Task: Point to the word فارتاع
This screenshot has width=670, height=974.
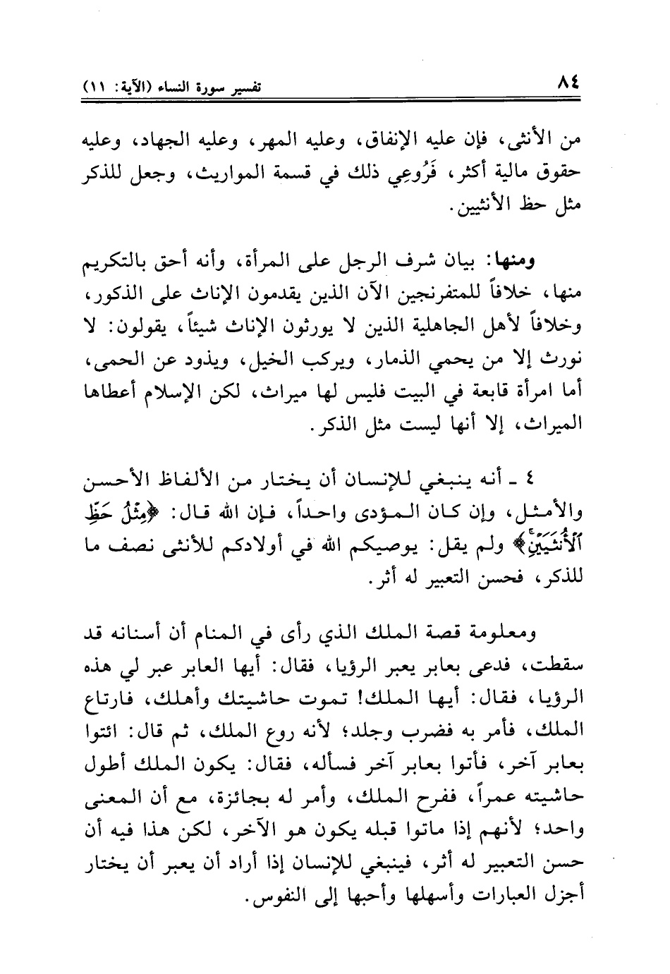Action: (116, 702)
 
